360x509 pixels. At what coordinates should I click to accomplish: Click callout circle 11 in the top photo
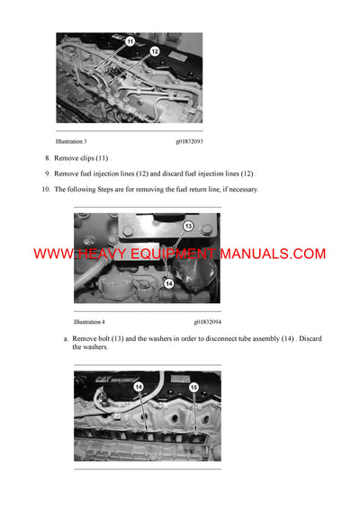tap(130, 42)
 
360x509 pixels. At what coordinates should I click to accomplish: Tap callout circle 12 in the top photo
tap(154, 52)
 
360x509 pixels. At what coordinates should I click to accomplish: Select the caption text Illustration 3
tap(71, 141)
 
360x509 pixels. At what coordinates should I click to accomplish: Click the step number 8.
tap(47, 157)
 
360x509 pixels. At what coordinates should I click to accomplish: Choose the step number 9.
tap(47, 173)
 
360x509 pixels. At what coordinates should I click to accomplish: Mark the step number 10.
tap(46, 189)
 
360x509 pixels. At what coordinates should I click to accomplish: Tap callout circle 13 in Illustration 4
tap(188, 226)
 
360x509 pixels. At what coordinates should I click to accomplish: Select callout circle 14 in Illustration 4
tap(167, 282)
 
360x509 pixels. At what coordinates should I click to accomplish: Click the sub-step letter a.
tap(66, 338)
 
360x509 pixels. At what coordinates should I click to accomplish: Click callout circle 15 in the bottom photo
tap(193, 388)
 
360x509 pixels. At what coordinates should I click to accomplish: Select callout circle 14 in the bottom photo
tap(139, 388)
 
